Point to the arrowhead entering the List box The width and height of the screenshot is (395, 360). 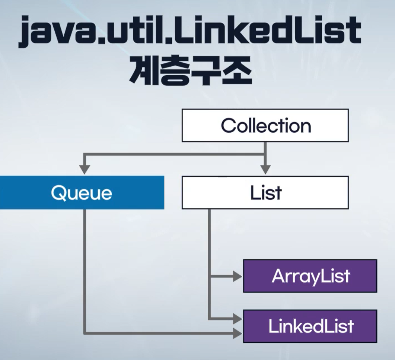tap(265, 169)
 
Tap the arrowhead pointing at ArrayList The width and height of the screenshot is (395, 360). tap(238, 277)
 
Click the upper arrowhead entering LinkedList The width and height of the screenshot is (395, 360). tap(238, 319)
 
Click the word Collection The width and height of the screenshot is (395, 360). tap(266, 126)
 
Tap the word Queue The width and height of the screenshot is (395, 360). tap(82, 193)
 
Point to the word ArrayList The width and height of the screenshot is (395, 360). tap(310, 276)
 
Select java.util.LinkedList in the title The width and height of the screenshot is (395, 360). tap(190, 32)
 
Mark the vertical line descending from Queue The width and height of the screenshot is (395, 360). tap(85, 268)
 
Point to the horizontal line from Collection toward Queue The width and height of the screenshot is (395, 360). tap(175, 154)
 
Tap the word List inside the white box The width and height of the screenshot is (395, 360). tap(266, 193)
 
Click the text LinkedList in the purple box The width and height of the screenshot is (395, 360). tap(310, 326)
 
